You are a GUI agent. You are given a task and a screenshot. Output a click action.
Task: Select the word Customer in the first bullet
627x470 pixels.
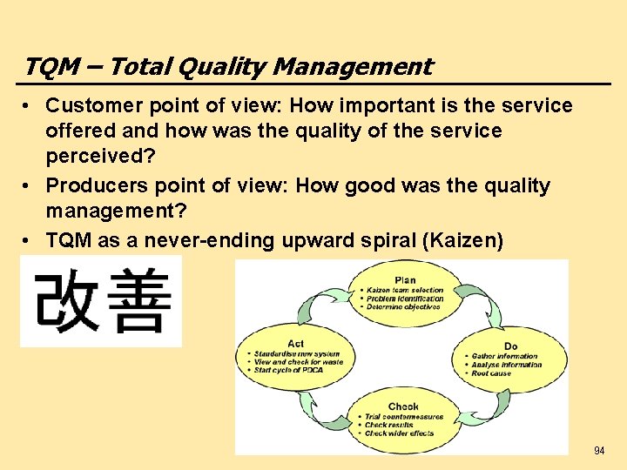coord(87,106)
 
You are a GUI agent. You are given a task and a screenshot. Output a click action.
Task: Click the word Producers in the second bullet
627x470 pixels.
coord(91,185)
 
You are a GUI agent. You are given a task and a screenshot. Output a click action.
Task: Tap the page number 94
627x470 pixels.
coord(599,451)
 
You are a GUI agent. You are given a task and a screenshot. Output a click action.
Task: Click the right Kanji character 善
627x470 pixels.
coord(139,302)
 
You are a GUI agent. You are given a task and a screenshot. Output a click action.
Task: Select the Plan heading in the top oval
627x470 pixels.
coord(405,280)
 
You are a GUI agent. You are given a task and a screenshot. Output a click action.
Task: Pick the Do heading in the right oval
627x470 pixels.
coord(510,346)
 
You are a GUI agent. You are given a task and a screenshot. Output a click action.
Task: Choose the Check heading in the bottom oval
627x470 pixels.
coord(403,406)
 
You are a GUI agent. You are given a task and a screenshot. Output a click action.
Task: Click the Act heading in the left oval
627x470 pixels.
coord(294,344)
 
